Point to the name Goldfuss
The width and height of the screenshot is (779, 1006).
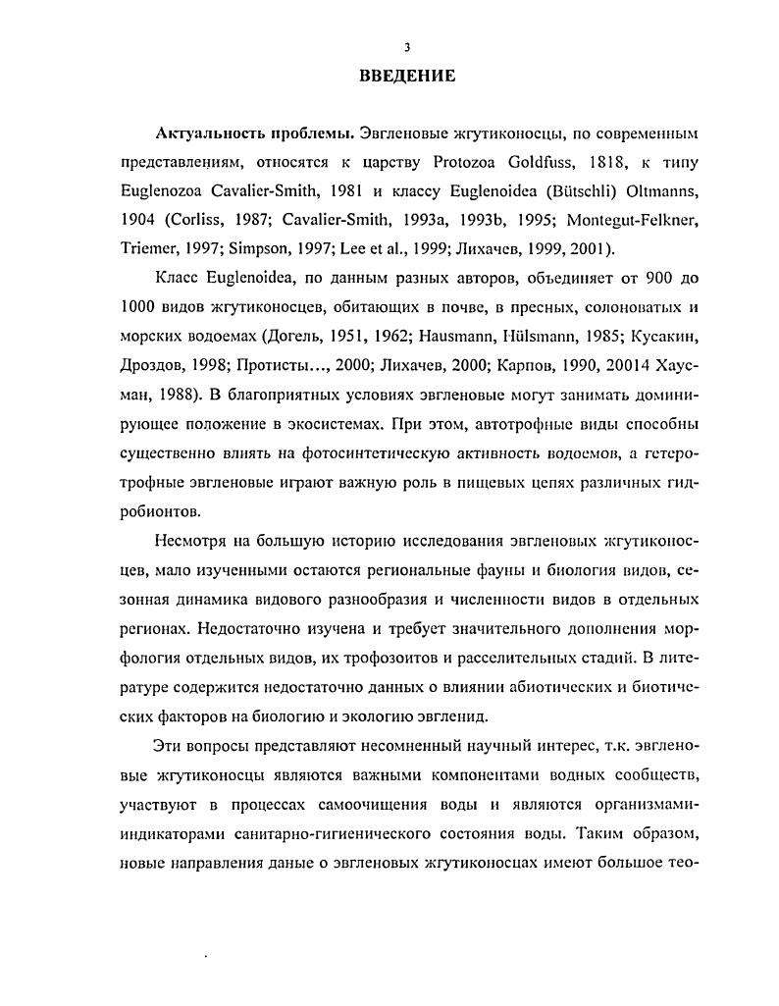pos(522,160)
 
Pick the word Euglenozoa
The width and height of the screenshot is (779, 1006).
pos(163,188)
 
